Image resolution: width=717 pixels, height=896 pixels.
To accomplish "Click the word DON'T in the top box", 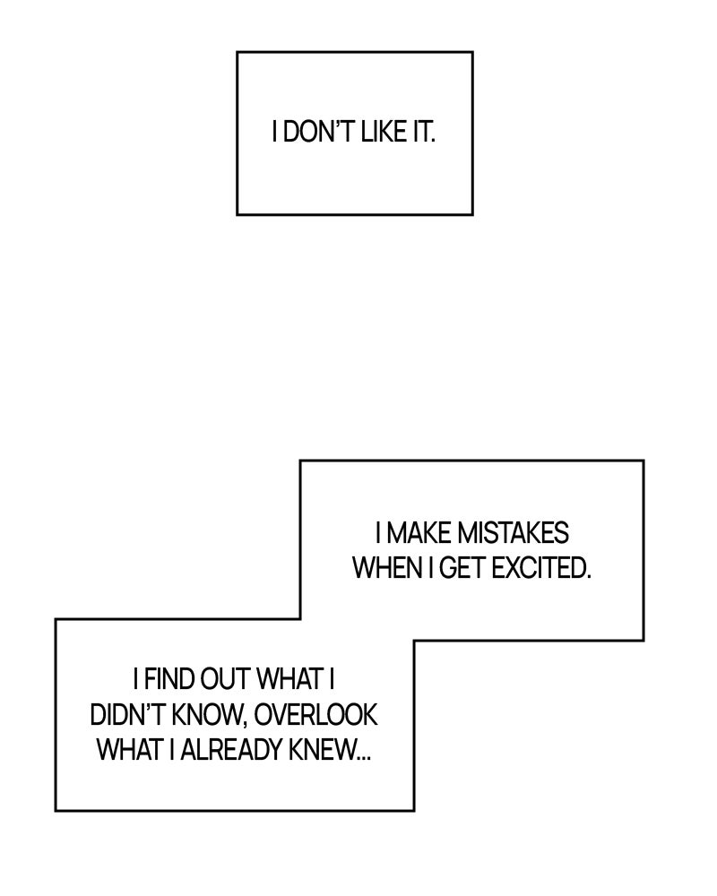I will (x=314, y=134).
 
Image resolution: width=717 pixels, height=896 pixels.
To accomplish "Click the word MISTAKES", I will (x=513, y=534).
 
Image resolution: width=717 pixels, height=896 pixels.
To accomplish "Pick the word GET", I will (x=463, y=568).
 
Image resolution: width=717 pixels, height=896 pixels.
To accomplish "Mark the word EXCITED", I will (x=540, y=568).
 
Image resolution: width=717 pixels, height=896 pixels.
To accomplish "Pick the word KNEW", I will (x=321, y=749).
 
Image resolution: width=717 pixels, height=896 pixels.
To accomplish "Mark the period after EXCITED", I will (x=590, y=576).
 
